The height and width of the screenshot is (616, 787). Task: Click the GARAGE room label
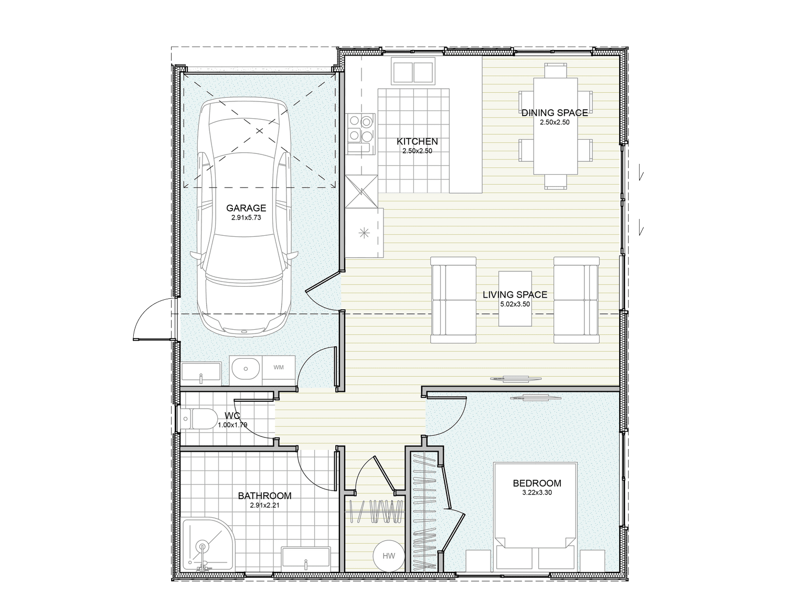click(246, 208)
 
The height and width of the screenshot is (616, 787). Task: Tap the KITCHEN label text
click(417, 142)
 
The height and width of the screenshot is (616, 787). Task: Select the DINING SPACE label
click(555, 113)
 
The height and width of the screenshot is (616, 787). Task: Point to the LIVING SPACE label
click(515, 295)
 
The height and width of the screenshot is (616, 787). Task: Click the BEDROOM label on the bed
click(537, 483)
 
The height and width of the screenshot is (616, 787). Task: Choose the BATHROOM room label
click(264, 496)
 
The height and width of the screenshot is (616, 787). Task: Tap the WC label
click(232, 416)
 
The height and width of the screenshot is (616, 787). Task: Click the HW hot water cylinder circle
click(388, 556)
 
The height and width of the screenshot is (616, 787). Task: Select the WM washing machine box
click(278, 368)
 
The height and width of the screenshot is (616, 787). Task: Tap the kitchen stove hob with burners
click(360, 129)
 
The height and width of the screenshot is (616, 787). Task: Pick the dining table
click(555, 126)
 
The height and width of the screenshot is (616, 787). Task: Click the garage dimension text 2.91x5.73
click(246, 217)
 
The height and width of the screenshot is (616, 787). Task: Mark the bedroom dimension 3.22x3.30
click(537, 493)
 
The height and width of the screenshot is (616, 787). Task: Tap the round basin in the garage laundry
click(245, 369)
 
